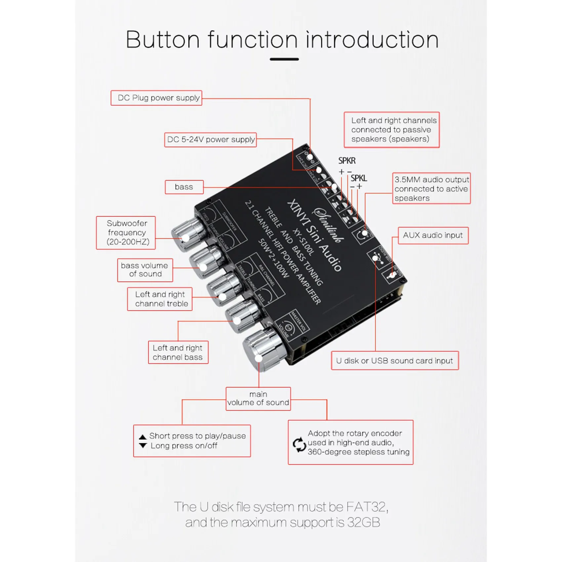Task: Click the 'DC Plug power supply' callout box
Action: click(156, 98)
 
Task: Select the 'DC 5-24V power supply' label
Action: click(211, 140)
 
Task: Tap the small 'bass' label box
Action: click(184, 187)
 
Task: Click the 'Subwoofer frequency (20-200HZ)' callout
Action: click(126, 233)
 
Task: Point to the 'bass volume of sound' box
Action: click(145, 270)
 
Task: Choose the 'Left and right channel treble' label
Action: click(160, 299)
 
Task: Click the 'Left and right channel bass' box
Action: click(178, 352)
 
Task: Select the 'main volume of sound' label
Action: click(258, 399)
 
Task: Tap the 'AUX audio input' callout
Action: click(433, 235)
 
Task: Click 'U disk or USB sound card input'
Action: click(395, 361)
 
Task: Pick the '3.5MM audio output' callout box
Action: click(431, 188)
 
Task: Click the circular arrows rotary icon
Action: click(300, 445)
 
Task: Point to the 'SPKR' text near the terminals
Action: click(347, 161)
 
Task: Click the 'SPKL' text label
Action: click(359, 179)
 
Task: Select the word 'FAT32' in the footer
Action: click(366, 507)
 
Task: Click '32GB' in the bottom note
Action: click(363, 523)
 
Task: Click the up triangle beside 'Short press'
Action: click(143, 437)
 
